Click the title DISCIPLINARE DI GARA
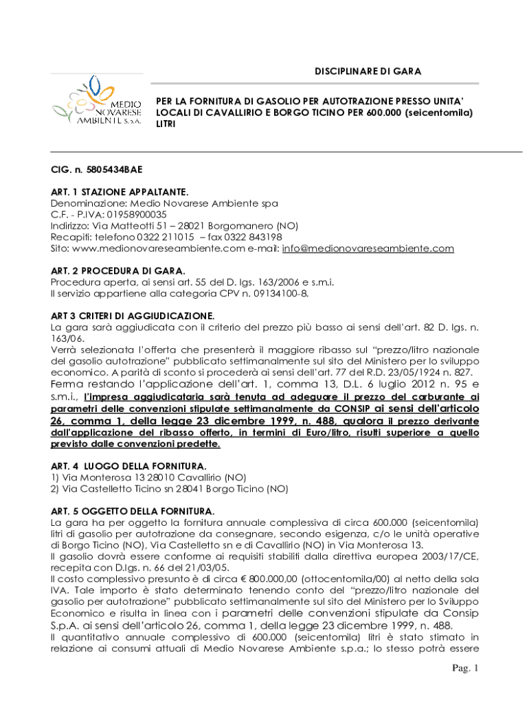point(368,71)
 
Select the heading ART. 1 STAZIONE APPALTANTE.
point(120,192)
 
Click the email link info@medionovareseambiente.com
point(368,249)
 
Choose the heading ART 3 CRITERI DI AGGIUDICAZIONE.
point(133,316)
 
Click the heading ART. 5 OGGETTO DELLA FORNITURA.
point(133,511)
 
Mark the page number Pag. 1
point(464,668)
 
